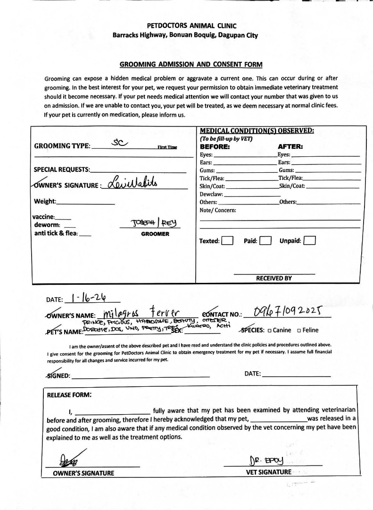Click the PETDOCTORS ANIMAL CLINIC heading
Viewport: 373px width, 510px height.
(x=191, y=25)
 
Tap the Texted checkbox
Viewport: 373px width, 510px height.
(x=227, y=241)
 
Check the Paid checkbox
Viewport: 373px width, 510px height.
(x=265, y=241)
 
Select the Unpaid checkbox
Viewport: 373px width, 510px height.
(x=310, y=241)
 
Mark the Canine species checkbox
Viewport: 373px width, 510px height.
(x=269, y=330)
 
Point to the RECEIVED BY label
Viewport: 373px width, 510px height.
(x=274, y=278)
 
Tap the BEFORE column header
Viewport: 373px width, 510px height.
(x=215, y=146)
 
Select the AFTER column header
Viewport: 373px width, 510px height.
(x=290, y=146)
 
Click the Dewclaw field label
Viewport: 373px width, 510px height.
(x=211, y=194)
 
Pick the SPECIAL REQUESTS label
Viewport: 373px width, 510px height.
(x=62, y=170)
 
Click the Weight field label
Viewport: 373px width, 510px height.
(x=45, y=202)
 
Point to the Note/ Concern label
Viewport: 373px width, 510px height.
(x=218, y=210)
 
